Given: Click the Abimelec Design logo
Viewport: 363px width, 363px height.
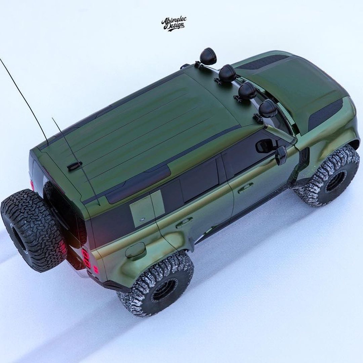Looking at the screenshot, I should coord(174,24).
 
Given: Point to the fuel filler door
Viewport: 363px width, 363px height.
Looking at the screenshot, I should coord(135,249).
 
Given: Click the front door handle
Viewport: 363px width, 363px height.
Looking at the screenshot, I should coord(246,188).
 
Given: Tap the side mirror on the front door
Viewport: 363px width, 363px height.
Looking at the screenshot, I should coord(281,155).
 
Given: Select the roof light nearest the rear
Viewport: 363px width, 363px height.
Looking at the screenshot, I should coord(208,56).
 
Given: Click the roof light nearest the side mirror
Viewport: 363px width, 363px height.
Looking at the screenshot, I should coord(268,109).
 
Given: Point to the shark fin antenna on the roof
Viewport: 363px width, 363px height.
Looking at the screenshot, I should coord(74,166).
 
